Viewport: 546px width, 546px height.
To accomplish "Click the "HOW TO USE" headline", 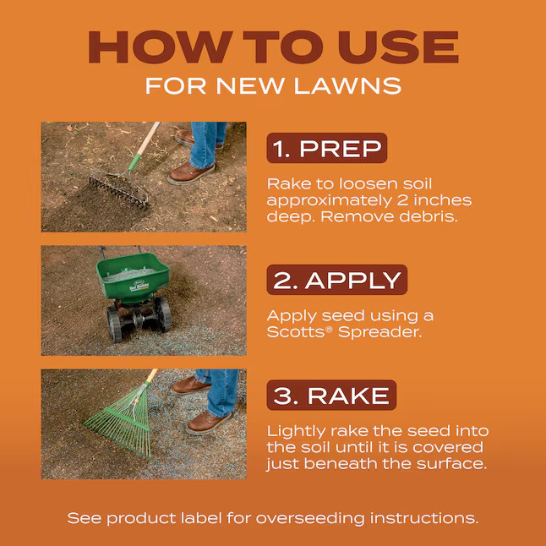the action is (x=273, y=47).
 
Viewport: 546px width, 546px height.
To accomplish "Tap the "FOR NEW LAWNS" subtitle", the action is (x=273, y=85).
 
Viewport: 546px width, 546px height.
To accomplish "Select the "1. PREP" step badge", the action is (x=326, y=148).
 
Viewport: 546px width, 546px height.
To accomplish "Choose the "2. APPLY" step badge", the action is (x=336, y=280).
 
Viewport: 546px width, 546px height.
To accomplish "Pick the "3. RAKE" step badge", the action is (x=331, y=395).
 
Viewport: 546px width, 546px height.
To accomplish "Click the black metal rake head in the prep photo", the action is (x=118, y=190).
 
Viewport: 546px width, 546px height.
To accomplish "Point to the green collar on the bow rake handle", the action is (x=134, y=161).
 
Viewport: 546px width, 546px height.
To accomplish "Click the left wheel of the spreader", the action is (x=113, y=325).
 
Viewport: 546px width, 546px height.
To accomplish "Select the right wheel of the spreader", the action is (x=164, y=314).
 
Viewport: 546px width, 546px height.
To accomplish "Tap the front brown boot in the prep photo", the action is (x=191, y=173).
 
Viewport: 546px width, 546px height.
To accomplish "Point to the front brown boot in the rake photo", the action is (x=209, y=423).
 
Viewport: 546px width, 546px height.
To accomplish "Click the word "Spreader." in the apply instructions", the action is (x=379, y=332).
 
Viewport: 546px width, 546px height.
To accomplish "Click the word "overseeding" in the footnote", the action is (x=310, y=518).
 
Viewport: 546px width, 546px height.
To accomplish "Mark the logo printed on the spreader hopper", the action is (x=139, y=287).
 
